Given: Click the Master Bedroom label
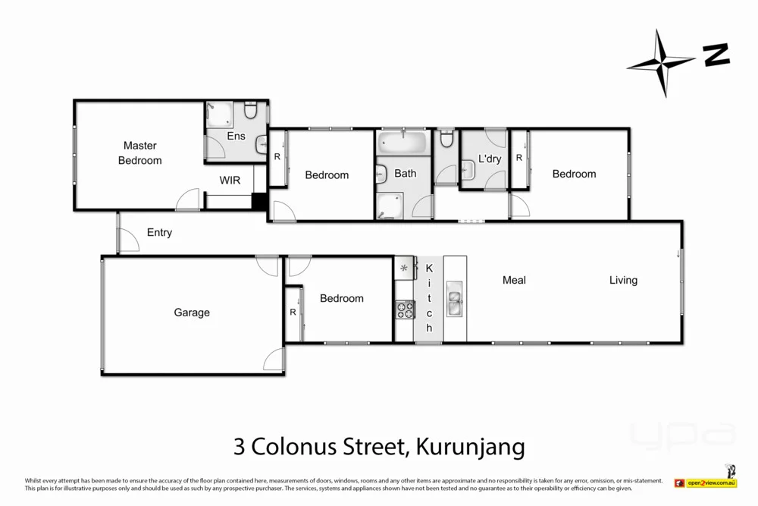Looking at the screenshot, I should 139,152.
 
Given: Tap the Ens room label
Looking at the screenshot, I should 236,136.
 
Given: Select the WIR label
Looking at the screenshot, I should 230,181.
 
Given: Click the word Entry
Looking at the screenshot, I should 159,233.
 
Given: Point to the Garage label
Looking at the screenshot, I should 192,313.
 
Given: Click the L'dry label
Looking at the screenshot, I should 490,159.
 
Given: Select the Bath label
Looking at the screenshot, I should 405,174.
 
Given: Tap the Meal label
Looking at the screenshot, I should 514,281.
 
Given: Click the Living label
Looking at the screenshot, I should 623,281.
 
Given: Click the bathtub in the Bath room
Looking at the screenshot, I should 402,142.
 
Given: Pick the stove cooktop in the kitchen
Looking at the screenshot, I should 404,309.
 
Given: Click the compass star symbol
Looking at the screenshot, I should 661,63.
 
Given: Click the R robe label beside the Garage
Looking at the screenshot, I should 293,312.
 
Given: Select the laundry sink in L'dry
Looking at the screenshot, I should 467,172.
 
